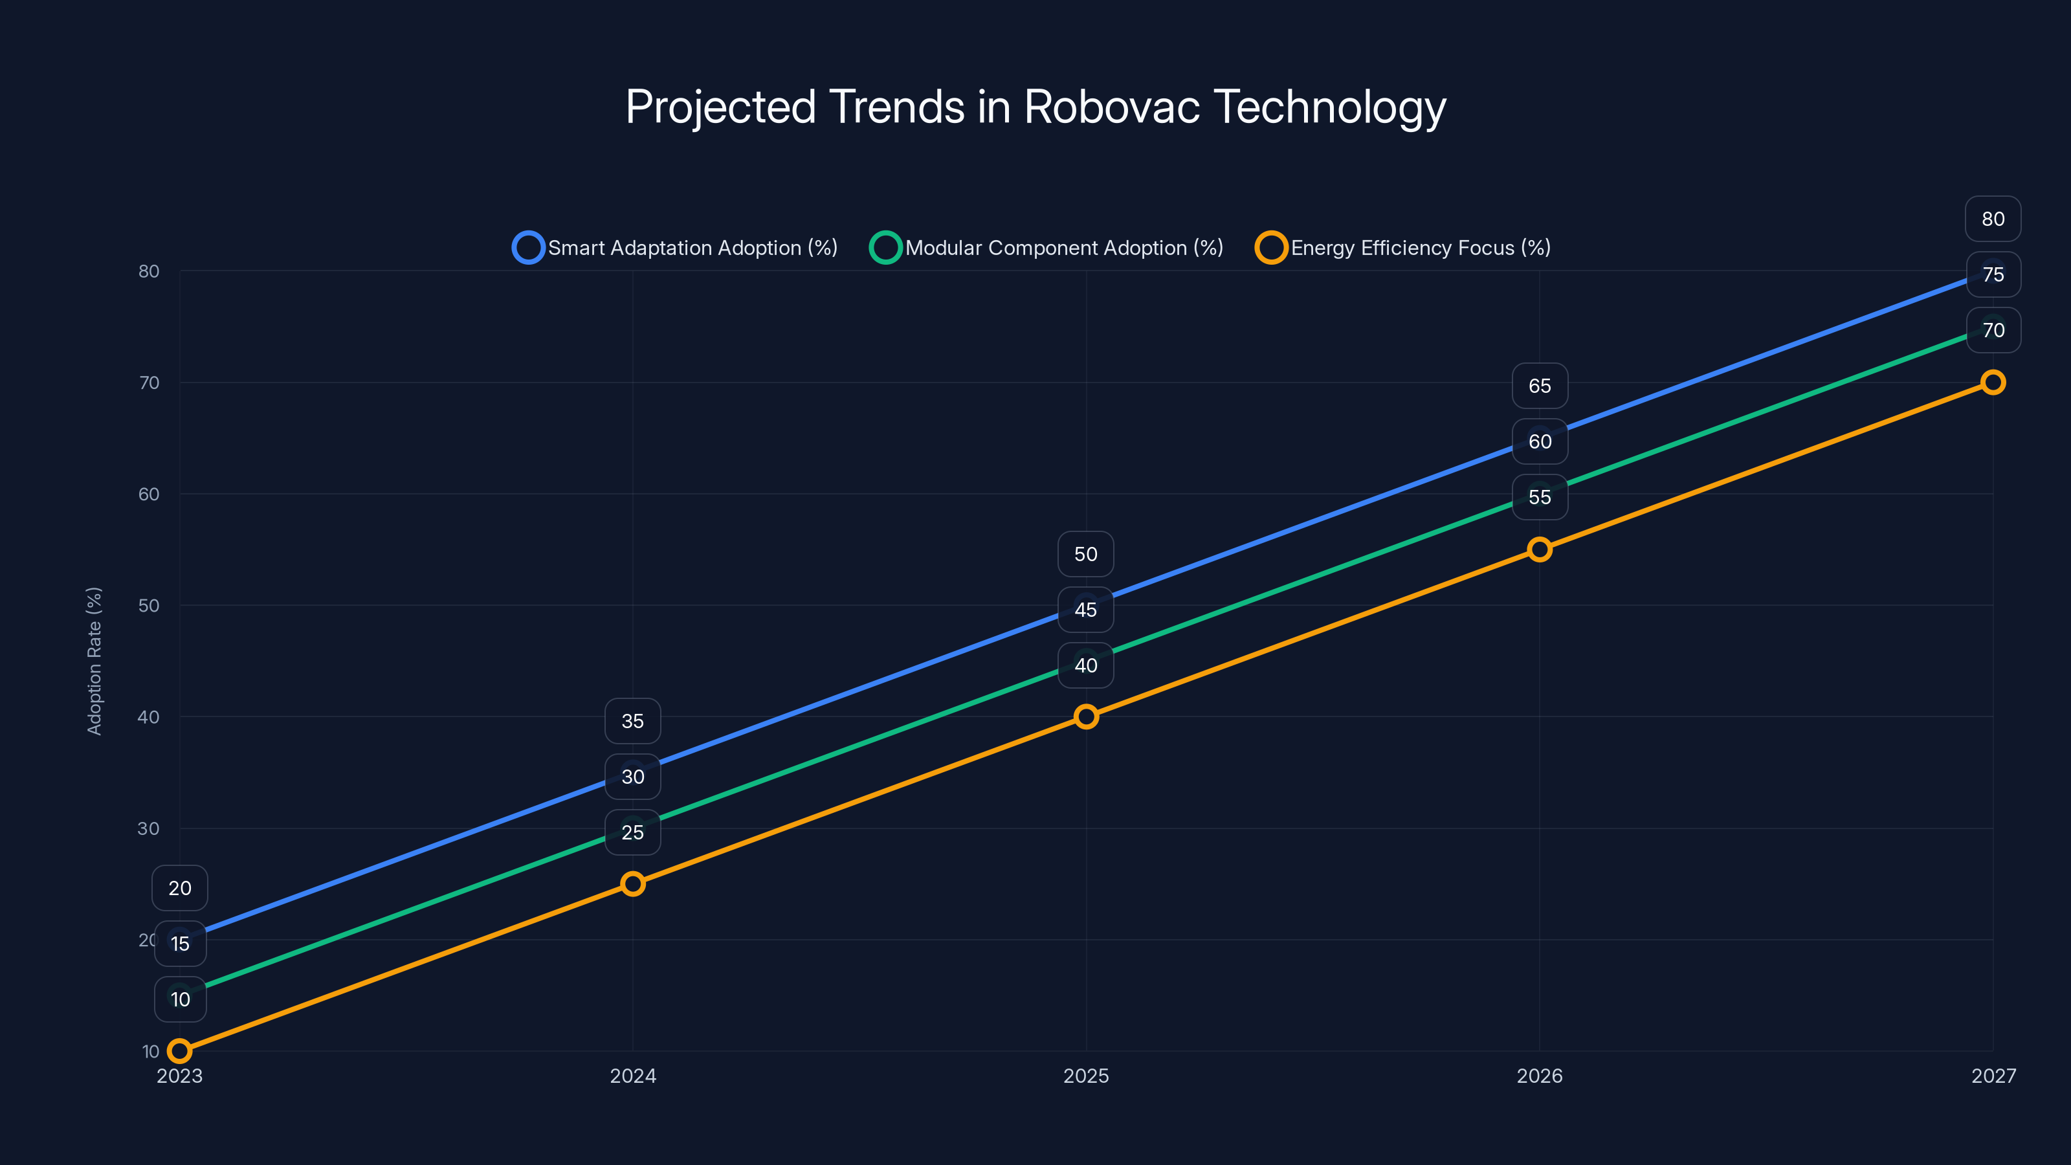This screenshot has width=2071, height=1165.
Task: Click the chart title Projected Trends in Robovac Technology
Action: pyautogui.click(x=1035, y=107)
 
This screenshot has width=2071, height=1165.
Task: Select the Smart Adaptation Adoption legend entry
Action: pyautogui.click(x=675, y=248)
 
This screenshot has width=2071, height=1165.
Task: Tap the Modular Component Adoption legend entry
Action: pyautogui.click(x=1047, y=248)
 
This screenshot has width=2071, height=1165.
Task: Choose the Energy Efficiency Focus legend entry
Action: pyautogui.click(x=1403, y=248)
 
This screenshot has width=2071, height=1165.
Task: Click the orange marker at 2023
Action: pyautogui.click(x=179, y=1051)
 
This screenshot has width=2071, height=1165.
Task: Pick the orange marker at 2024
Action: pyautogui.click(x=633, y=883)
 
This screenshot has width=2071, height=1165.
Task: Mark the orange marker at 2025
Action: pyautogui.click(x=1086, y=716)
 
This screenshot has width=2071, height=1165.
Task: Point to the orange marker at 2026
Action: pyautogui.click(x=1540, y=549)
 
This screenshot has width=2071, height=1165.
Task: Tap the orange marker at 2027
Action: pyautogui.click(x=1993, y=382)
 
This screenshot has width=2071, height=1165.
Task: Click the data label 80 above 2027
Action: pyautogui.click(x=1993, y=219)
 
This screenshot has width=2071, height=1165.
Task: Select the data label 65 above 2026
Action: pyautogui.click(x=1540, y=386)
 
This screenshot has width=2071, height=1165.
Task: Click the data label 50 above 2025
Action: pyautogui.click(x=1086, y=554)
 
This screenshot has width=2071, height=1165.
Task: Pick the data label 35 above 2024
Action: pyautogui.click(x=633, y=721)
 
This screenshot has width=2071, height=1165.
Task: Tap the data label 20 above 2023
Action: pyautogui.click(x=179, y=887)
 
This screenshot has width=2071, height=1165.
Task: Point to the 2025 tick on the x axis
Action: pyautogui.click(x=1086, y=1076)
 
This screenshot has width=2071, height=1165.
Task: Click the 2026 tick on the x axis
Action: pyautogui.click(x=1540, y=1076)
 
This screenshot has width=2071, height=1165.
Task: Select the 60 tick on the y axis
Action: pyautogui.click(x=149, y=494)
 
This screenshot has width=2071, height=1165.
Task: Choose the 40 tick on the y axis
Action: pyautogui.click(x=149, y=716)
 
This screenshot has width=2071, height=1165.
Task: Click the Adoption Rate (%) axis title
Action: pyautogui.click(x=94, y=660)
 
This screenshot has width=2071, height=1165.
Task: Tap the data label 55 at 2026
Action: pyautogui.click(x=1540, y=497)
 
